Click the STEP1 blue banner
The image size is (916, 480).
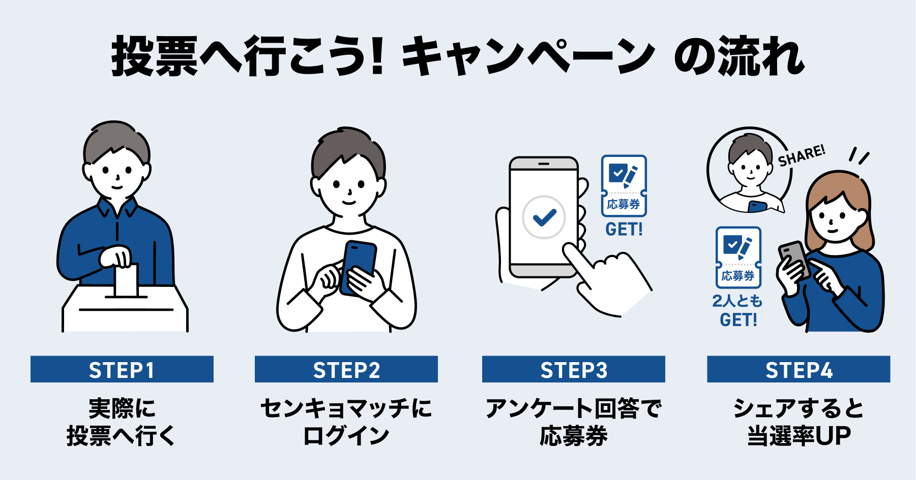(x=122, y=369)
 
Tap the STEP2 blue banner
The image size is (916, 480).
(x=346, y=369)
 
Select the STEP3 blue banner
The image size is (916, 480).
(x=574, y=369)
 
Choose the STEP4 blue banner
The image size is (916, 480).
(x=799, y=369)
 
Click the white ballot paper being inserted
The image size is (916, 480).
(x=127, y=281)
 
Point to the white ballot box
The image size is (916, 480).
(x=125, y=310)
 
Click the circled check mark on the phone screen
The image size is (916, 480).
(x=544, y=217)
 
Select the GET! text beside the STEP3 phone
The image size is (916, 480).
(x=624, y=230)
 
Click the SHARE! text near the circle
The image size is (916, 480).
(x=802, y=155)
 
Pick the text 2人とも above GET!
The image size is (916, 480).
(x=737, y=301)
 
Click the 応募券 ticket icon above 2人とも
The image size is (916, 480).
(x=738, y=257)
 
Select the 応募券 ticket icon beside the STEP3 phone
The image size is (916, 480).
(x=624, y=185)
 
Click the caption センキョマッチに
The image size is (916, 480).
(x=346, y=408)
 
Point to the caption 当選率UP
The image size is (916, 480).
(x=799, y=436)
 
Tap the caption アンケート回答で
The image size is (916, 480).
(x=574, y=408)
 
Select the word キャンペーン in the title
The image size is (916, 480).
(x=529, y=57)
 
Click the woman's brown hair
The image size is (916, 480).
(x=860, y=203)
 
